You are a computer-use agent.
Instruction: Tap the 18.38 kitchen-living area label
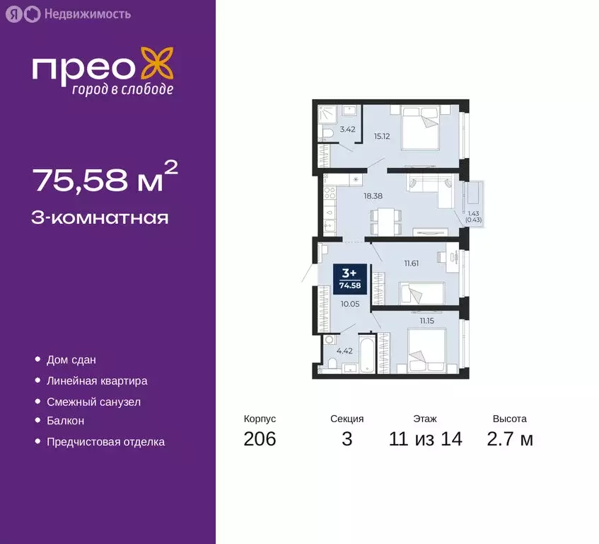tap(373, 196)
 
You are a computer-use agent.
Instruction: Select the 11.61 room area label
tap(412, 263)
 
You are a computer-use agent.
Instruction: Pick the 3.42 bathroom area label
tap(347, 130)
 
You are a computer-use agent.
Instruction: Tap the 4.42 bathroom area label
tap(344, 351)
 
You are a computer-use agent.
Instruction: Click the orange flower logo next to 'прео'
tap(156, 64)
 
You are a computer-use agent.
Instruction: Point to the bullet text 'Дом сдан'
tap(71, 360)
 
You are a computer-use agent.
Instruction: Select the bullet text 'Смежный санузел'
tap(93, 402)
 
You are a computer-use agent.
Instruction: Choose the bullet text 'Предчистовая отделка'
tap(105, 442)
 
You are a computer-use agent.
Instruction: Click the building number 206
tap(260, 439)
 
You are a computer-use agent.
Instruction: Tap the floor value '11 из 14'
tap(425, 439)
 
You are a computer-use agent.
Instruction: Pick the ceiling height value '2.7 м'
tap(509, 439)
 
